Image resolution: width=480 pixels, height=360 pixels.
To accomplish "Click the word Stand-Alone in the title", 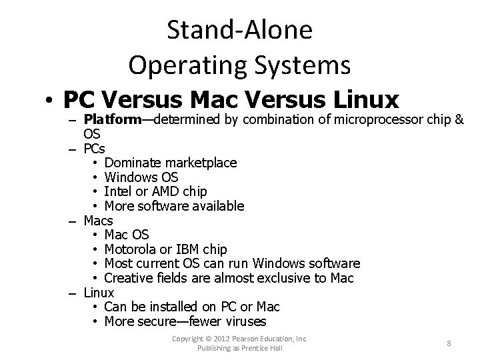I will (240, 29).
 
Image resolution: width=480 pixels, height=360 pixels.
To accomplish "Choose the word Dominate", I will (132, 163).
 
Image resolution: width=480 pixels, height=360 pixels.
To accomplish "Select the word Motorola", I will (131, 249).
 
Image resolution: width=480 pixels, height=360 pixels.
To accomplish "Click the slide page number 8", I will (449, 343).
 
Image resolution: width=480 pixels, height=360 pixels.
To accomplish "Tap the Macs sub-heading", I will (98, 220).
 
